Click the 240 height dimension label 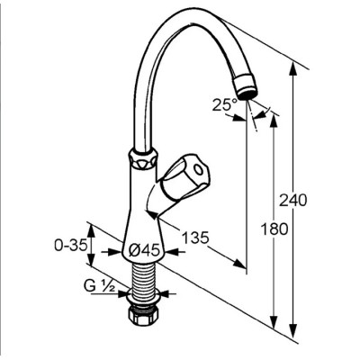pos(293,200)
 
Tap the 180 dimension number pos(274,229)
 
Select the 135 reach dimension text pos(195,238)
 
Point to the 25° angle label pos(225,105)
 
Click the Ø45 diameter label pos(144,249)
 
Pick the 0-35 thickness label pos(71,246)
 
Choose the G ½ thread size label pos(99,287)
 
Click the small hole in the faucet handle pos(198,170)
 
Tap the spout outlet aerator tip pos(246,87)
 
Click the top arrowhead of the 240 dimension pos(293,69)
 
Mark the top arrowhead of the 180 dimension pos(274,121)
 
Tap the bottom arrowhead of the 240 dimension pos(293,325)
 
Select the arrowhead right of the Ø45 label pos(174,252)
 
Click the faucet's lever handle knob pos(184,177)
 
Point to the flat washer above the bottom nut pos(142,298)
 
